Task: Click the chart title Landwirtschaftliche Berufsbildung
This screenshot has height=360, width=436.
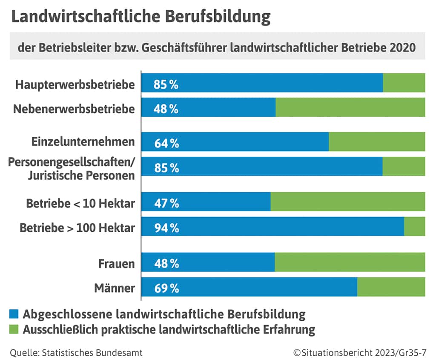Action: click(141, 17)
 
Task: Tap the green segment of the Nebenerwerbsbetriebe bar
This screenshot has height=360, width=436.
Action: click(350, 107)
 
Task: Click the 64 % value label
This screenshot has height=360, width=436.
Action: click(166, 144)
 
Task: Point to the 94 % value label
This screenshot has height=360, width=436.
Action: click(166, 229)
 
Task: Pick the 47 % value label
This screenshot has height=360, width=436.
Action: click(166, 204)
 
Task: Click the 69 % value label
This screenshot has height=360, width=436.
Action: click(166, 289)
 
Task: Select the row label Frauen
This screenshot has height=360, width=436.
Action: click(116, 264)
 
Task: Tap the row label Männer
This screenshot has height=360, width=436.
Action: click(114, 288)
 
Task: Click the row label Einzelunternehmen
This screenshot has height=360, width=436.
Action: click(83, 142)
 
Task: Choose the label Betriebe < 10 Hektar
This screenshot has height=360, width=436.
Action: click(80, 203)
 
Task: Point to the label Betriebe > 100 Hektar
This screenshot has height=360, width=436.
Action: click(77, 228)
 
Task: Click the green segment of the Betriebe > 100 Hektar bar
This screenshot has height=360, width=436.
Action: click(414, 227)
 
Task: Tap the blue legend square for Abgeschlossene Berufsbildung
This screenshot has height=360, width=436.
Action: click(14, 314)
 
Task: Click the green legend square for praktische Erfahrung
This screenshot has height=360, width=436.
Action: click(14, 329)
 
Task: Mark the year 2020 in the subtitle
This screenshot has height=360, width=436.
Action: click(402, 48)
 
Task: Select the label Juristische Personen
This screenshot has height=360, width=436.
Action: click(81, 175)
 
